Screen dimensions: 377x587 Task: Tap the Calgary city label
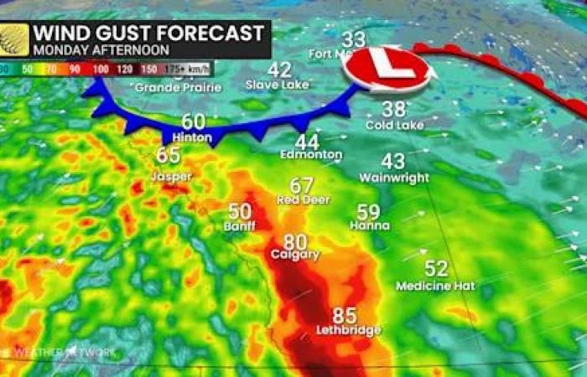295,254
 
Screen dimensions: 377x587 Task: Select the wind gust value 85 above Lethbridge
344,316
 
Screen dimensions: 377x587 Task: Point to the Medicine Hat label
435,286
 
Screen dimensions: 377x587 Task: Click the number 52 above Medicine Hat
436,269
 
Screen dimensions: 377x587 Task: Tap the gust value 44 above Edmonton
307,142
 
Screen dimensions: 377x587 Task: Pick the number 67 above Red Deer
301,185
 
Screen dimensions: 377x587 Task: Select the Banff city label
239,226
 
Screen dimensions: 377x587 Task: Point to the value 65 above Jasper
169,155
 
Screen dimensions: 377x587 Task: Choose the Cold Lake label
394,125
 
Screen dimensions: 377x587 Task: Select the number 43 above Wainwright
392,162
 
